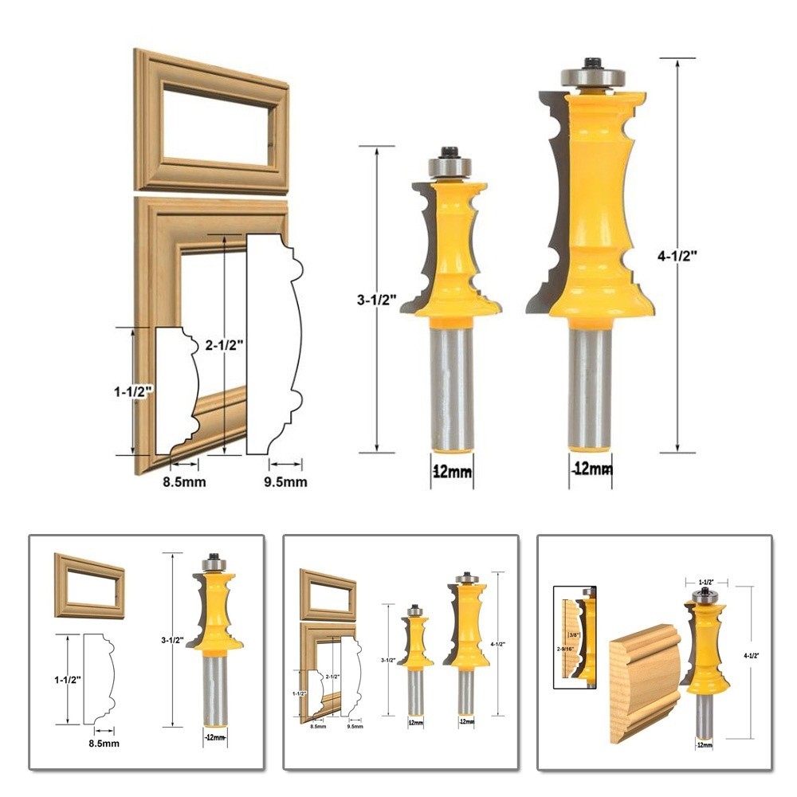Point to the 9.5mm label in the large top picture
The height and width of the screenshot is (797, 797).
[285, 481]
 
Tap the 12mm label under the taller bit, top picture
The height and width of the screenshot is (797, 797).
[591, 470]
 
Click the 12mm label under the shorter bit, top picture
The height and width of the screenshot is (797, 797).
[452, 472]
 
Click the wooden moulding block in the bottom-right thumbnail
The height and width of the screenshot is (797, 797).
[644, 682]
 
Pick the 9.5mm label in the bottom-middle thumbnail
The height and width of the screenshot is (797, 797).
[355, 727]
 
